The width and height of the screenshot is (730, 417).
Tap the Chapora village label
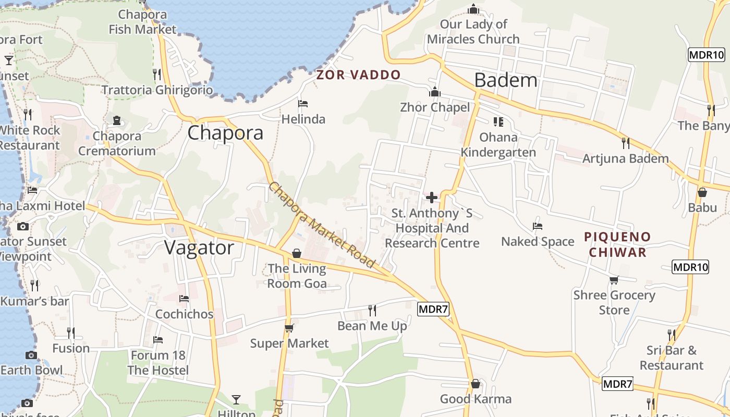coord(225,133)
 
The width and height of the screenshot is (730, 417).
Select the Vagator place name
coord(199,248)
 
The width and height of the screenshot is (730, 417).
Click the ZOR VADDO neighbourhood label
coord(359,75)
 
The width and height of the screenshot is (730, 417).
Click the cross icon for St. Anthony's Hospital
coord(432,198)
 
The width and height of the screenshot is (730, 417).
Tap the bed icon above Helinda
coord(303,103)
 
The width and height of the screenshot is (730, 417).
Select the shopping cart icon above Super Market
coord(289,328)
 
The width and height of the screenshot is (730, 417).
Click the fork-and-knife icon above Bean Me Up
coord(372,311)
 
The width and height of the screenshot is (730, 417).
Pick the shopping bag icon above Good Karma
coord(476,384)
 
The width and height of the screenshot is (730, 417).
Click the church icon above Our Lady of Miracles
coord(473,9)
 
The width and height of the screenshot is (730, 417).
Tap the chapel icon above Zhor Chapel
coord(435,92)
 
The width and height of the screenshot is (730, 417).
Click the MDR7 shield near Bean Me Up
coord(433,309)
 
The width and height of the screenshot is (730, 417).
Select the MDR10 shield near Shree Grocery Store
coord(691,267)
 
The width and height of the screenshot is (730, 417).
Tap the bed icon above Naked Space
coord(538,226)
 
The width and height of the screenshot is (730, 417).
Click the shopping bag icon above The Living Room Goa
coord(297,253)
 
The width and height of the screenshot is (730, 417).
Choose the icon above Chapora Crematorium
coord(117,120)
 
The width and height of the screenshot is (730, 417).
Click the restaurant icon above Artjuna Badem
coord(626,143)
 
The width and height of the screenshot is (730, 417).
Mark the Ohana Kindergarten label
coord(498,145)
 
